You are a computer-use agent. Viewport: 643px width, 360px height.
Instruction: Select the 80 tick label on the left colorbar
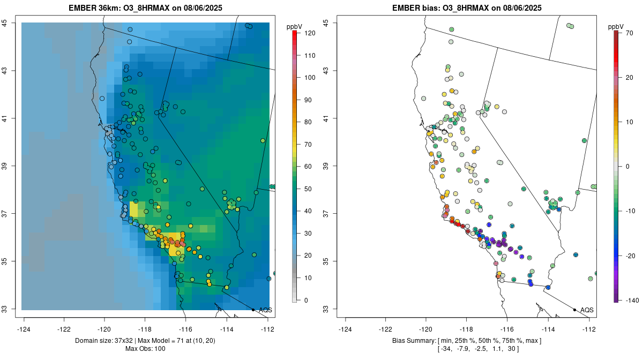(x=308, y=122)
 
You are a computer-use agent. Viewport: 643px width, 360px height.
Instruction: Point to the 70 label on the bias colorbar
(x=630, y=33)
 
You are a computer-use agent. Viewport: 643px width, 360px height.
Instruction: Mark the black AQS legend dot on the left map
(x=253, y=310)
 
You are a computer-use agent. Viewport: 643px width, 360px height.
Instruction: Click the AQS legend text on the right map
(x=587, y=310)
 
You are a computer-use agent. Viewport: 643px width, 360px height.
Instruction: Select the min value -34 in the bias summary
(x=446, y=349)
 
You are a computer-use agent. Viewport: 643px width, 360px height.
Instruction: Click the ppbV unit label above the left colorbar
(x=294, y=26)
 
